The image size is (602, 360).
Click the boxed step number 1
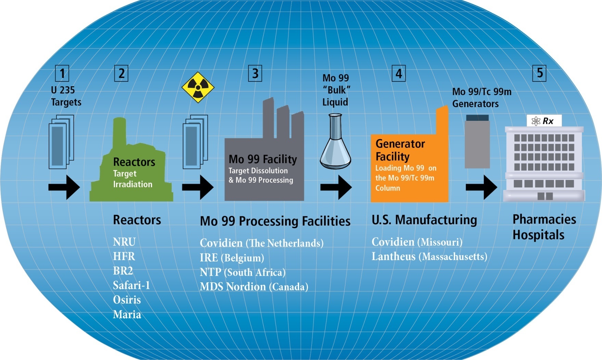pyautogui.click(x=62, y=73)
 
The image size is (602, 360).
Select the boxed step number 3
pyautogui.click(x=255, y=73)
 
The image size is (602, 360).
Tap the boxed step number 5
pyautogui.click(x=539, y=73)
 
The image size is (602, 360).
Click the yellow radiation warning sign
pyautogui.click(x=198, y=87)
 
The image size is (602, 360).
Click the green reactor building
pyautogui.click(x=132, y=168)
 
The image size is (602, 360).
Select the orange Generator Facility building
pyautogui.click(x=410, y=164)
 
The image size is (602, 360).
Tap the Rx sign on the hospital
pyautogui.click(x=544, y=121)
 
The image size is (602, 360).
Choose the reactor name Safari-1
pyautogui.click(x=131, y=285)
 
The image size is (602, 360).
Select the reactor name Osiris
pyautogui.click(x=127, y=300)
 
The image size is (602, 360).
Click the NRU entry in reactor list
pyautogui.click(x=124, y=242)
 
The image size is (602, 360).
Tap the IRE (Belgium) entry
pyautogui.click(x=232, y=258)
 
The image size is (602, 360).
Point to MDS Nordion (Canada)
pyautogui.click(x=254, y=286)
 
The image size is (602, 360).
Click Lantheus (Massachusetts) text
pyautogui.click(x=429, y=257)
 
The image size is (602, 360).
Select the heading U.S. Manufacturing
pyautogui.click(x=424, y=220)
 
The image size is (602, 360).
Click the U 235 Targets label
pyautogui.click(x=66, y=96)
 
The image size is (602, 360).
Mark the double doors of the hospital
pyautogui.click(x=545, y=196)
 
